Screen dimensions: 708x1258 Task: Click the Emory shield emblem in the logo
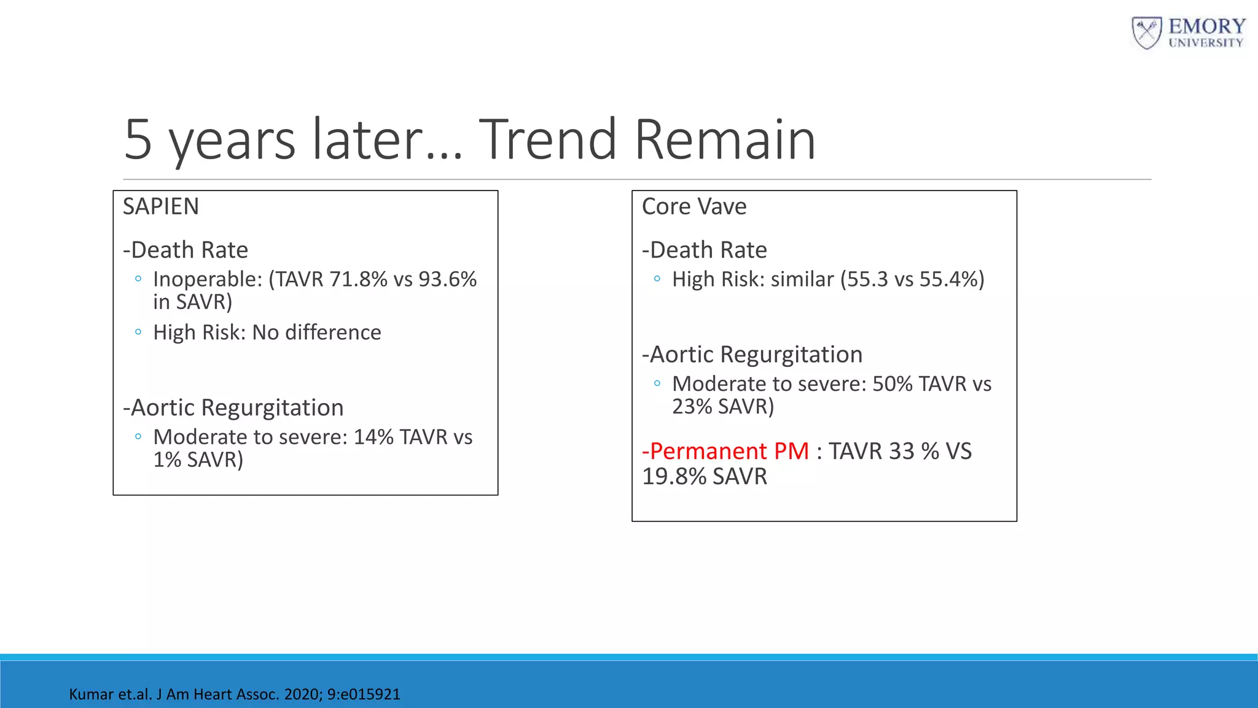click(1146, 33)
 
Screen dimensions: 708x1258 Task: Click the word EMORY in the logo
click(1206, 26)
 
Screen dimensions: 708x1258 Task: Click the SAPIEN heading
click(161, 206)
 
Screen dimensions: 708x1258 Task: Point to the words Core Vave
click(694, 206)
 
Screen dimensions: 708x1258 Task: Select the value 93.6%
click(447, 280)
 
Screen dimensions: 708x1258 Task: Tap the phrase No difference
click(316, 332)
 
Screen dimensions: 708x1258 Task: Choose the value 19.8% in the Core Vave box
click(674, 477)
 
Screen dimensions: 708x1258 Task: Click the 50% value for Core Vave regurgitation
click(892, 384)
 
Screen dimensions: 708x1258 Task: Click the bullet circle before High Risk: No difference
click(138, 332)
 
